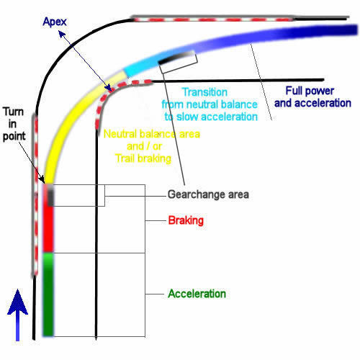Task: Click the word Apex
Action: click(55, 22)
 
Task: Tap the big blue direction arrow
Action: click(17, 315)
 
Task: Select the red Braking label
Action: click(186, 220)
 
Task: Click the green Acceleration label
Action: click(197, 294)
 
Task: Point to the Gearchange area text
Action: click(208, 194)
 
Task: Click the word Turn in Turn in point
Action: click(14, 112)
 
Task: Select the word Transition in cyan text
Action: click(204, 92)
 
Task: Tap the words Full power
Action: click(310, 91)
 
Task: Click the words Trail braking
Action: click(143, 158)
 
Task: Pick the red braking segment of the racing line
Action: click(48, 229)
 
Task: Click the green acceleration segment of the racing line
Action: click(48, 294)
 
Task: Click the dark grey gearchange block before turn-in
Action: click(50, 197)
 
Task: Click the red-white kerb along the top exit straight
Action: click(212, 19)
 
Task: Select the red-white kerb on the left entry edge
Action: click(35, 194)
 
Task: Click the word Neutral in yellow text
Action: click(120, 134)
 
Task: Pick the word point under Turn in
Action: click(14, 136)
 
